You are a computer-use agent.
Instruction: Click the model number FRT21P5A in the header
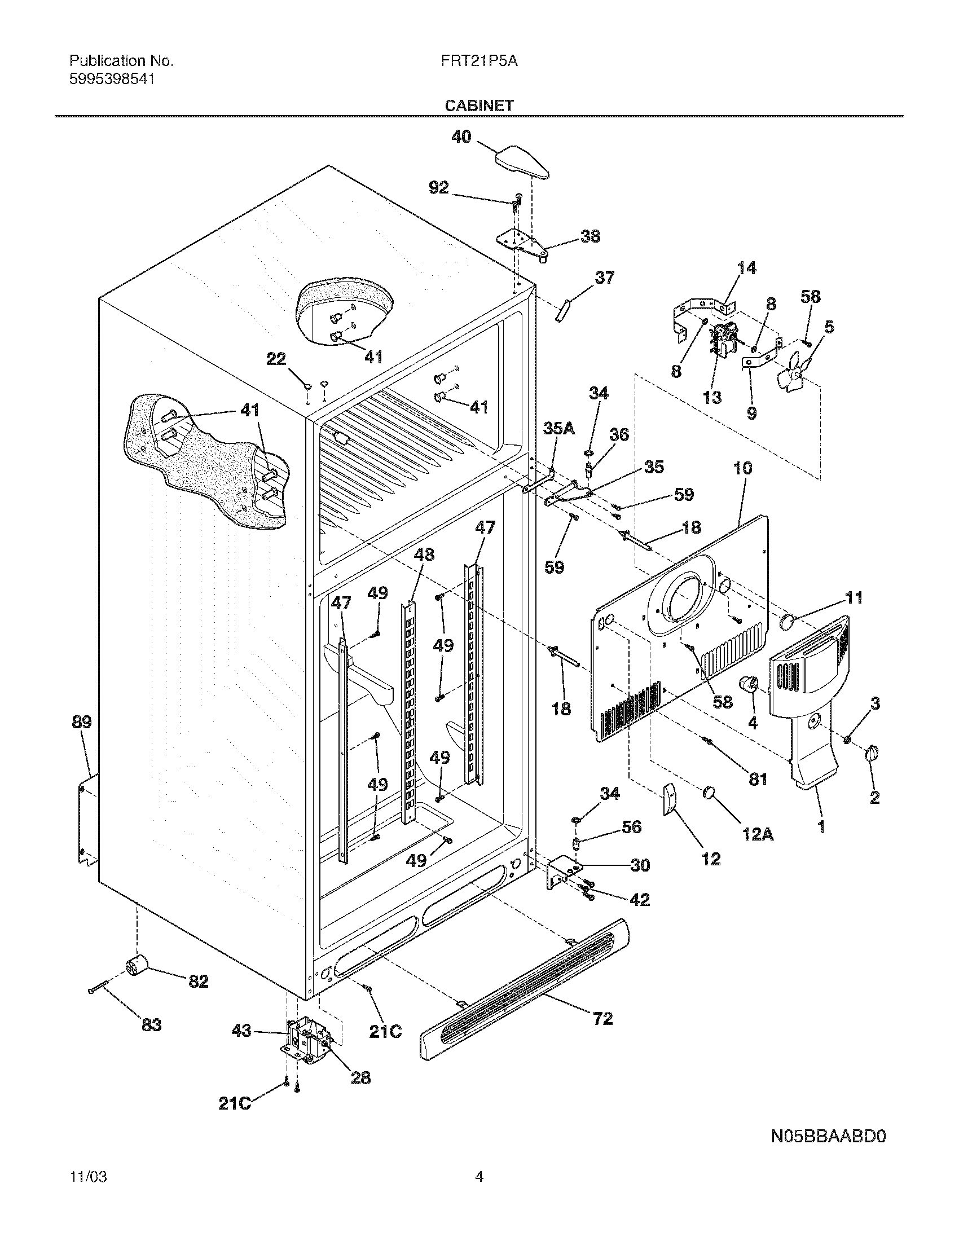coord(478,61)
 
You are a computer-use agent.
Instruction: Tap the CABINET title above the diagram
coord(479,105)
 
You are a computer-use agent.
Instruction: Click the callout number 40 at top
coord(461,137)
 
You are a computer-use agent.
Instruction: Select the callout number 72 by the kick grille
coord(603,1019)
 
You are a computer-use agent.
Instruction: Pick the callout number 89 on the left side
coord(81,723)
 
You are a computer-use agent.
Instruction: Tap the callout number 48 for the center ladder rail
coord(424,555)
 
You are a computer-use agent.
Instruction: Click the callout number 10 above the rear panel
coord(742,469)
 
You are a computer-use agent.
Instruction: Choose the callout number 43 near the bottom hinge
coord(242,1030)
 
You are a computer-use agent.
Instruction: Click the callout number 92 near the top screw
coord(438,188)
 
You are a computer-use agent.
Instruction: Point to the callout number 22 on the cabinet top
coord(276,359)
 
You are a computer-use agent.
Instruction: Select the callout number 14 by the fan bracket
coord(746,268)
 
